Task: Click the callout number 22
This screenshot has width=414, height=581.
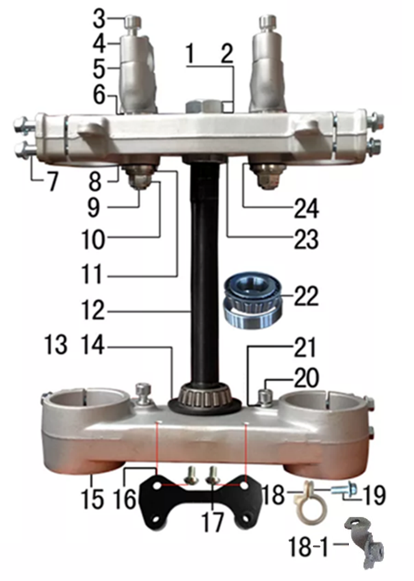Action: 305,296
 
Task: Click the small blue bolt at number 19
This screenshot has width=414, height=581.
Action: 344,490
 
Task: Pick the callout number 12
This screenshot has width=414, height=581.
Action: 93,310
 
